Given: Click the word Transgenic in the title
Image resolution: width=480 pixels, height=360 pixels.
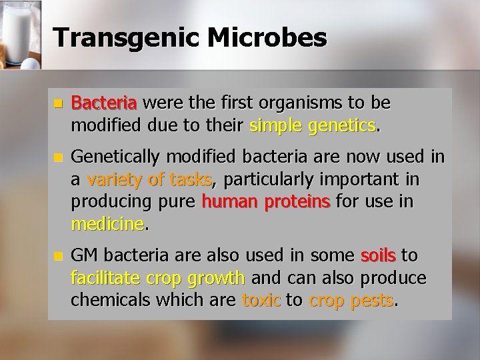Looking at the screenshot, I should click(x=127, y=37).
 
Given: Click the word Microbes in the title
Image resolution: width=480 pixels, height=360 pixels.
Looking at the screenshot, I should click(x=268, y=37).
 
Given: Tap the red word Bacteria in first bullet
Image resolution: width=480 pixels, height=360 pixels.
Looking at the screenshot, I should click(x=103, y=103).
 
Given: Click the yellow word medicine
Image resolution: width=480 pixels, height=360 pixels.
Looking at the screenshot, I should click(x=107, y=225).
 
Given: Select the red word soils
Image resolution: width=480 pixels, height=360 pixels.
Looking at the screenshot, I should click(x=378, y=256).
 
